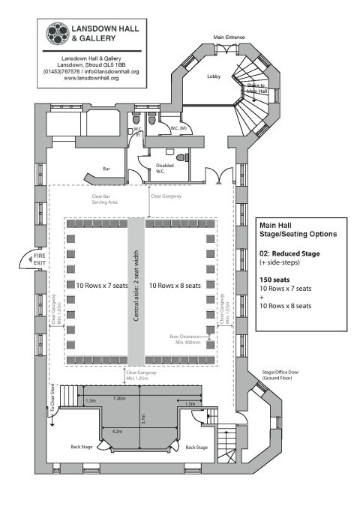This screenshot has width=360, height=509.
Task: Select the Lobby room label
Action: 214,76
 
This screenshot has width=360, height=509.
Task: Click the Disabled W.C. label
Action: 165,169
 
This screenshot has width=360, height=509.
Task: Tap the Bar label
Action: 107,169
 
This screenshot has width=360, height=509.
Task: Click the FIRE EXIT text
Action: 37,261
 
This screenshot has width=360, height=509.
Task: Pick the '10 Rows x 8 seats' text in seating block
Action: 174,286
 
